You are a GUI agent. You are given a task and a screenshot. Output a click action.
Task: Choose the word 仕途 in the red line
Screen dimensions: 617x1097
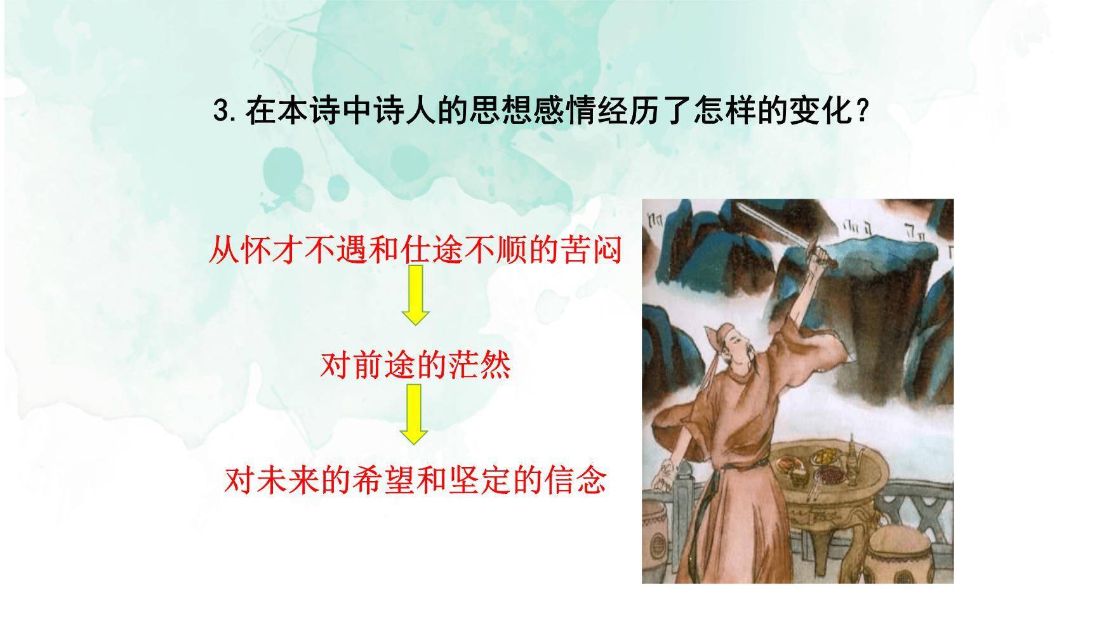click(x=432, y=251)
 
